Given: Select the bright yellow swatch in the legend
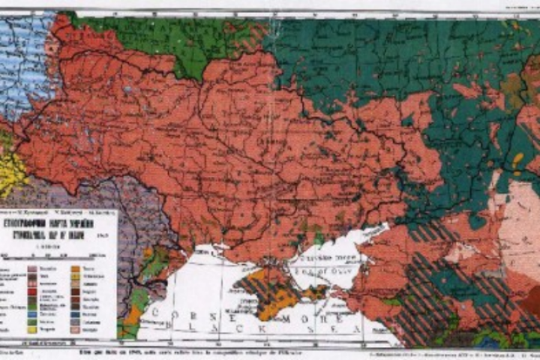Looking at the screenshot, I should point(32,328).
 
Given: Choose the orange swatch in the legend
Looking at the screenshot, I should point(76,267).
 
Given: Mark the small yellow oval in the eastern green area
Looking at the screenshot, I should point(518,160).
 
